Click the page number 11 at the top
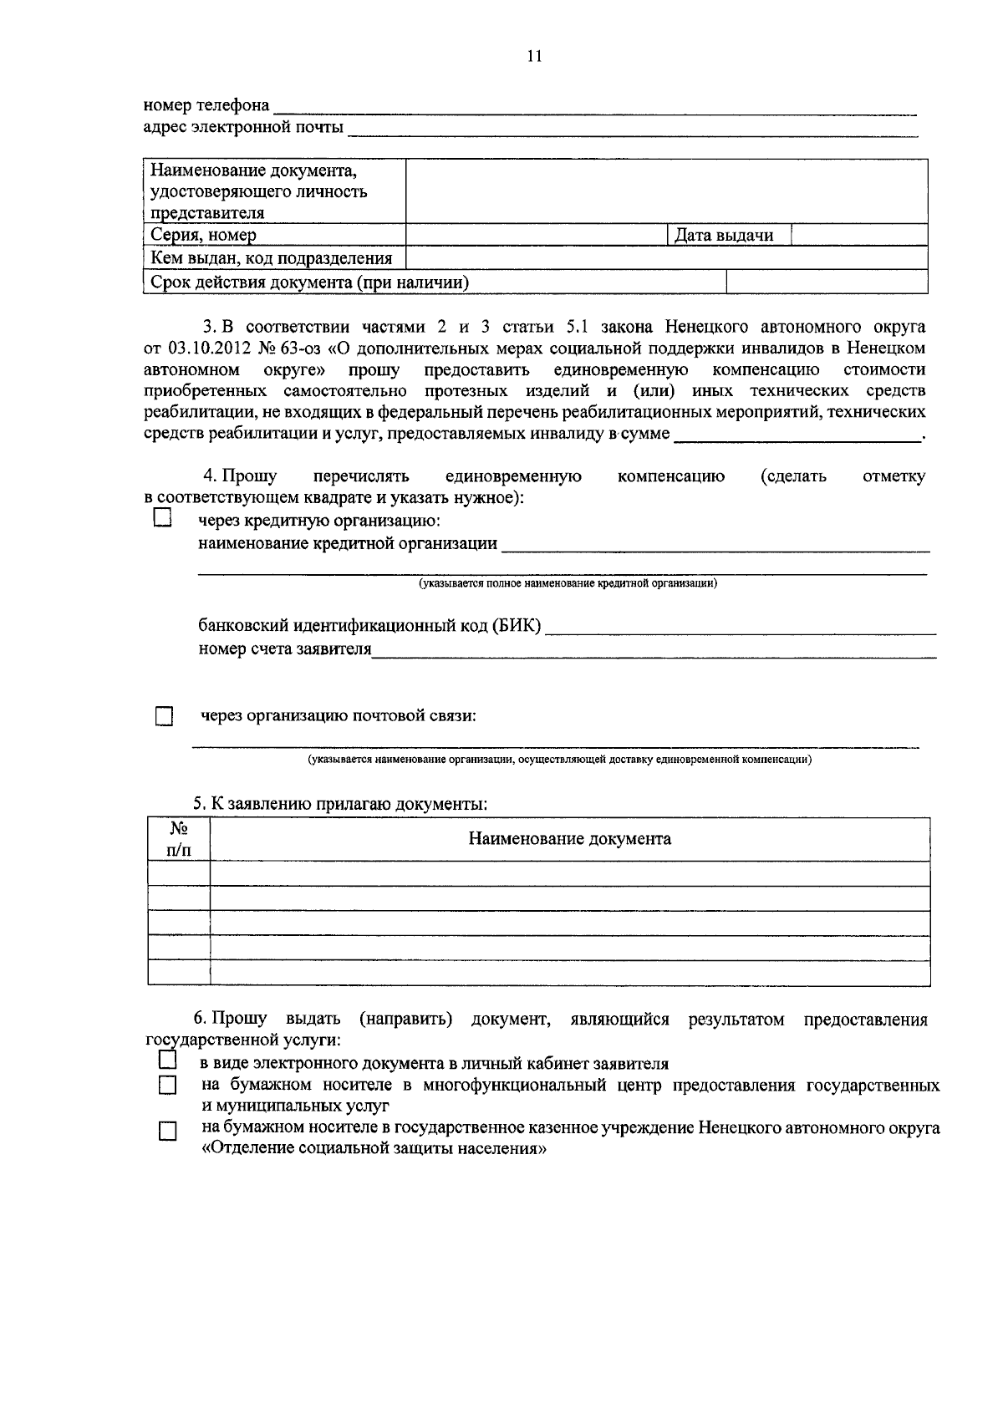coord(535,56)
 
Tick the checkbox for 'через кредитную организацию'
coord(162,519)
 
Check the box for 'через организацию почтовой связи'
coord(164,717)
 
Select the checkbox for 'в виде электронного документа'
coord(167,1060)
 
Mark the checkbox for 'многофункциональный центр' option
coord(169,1086)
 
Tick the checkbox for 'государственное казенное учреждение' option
coord(169,1132)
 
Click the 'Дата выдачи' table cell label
coord(724,236)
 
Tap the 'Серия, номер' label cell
coord(204,236)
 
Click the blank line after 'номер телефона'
coord(593,108)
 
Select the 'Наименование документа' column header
coord(569,839)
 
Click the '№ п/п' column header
coord(178,839)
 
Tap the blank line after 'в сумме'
coord(794,435)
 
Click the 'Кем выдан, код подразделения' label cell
coord(272,258)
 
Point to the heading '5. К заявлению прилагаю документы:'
coord(340,804)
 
